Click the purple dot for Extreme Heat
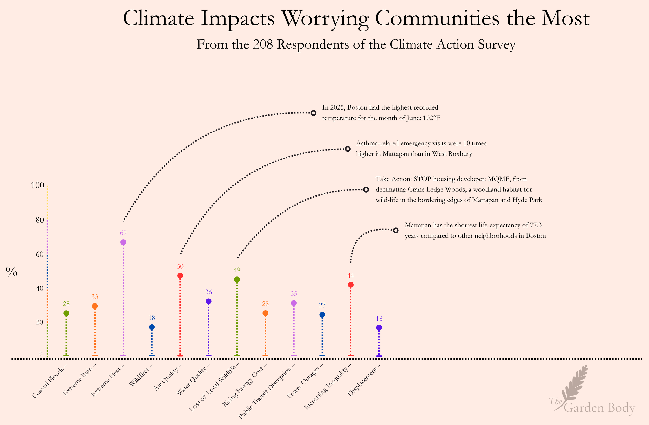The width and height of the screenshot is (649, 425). click(123, 242)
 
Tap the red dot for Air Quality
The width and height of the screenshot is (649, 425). click(180, 276)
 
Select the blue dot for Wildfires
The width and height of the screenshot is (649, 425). click(152, 327)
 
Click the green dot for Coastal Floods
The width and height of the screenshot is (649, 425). click(66, 313)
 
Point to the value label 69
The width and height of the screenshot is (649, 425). click(123, 233)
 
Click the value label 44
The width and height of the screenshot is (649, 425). click(350, 275)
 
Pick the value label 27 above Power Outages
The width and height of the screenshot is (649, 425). click(322, 305)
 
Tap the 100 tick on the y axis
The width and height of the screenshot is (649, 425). click(37, 185)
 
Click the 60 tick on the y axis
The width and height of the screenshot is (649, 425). click(39, 254)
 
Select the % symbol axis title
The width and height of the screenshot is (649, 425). click(11, 272)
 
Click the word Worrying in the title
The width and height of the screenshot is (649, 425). click(325, 18)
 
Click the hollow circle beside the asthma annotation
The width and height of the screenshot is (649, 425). click(348, 149)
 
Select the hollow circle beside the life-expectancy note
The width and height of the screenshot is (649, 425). click(396, 231)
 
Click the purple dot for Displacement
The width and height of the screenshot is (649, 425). click(379, 328)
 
